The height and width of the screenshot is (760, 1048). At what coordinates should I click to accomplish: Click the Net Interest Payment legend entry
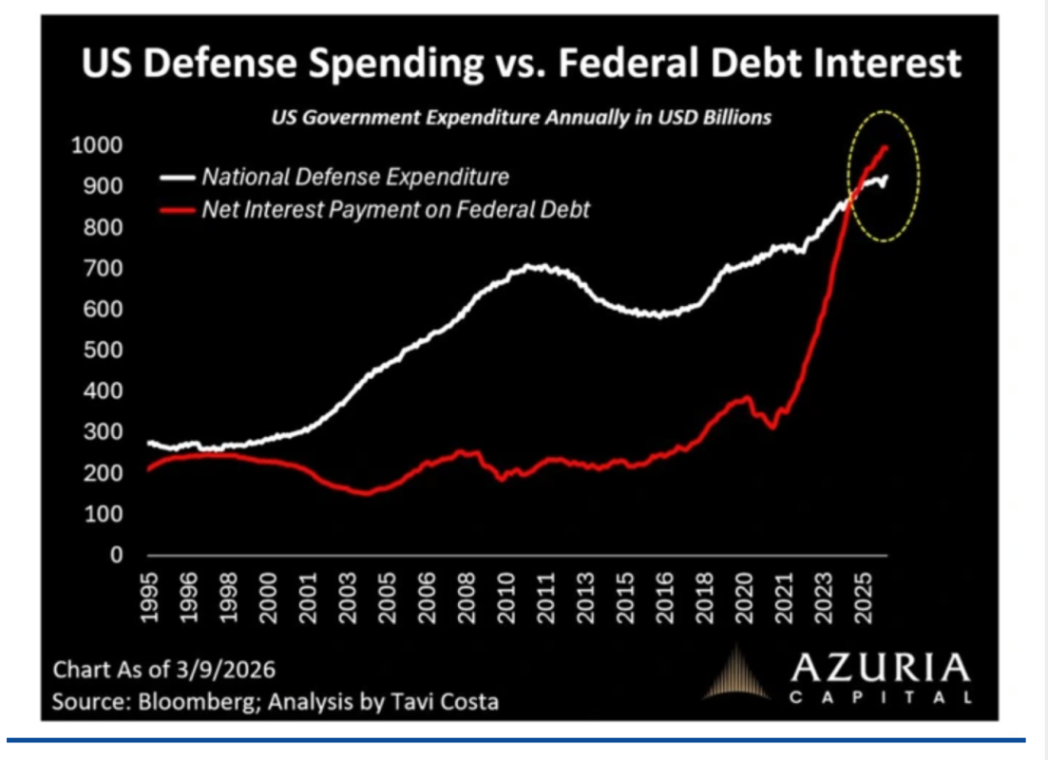pyautogui.click(x=395, y=209)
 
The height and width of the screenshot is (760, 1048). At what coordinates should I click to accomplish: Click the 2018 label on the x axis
pyautogui.click(x=703, y=597)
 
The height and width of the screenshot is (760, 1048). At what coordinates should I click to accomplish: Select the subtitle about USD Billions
pyautogui.click(x=522, y=119)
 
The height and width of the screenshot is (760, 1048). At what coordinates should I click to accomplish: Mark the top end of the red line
pyautogui.click(x=886, y=147)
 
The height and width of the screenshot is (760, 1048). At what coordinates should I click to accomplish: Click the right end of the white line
pyautogui.click(x=886, y=177)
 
